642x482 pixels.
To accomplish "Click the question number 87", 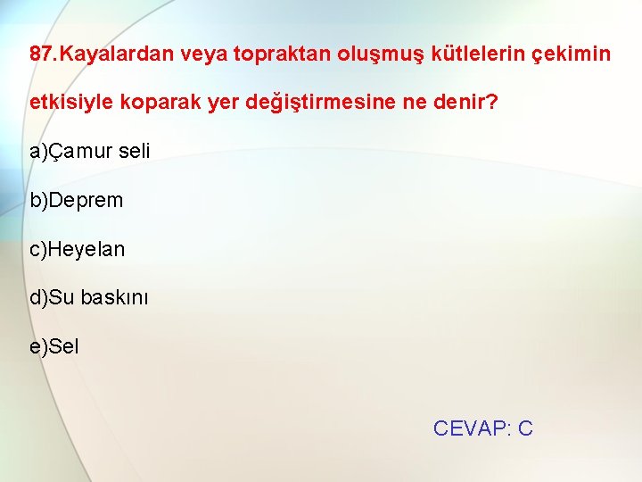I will (41, 54).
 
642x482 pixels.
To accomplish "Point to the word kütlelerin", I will (474, 54).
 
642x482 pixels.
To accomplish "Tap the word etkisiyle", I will (69, 103).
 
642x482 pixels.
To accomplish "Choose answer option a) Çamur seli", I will (89, 151).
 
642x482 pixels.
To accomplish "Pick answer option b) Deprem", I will (77, 200).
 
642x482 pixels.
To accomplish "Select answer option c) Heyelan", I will (78, 249).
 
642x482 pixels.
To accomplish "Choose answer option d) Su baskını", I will (89, 297).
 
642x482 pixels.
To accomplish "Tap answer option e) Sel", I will (54, 346).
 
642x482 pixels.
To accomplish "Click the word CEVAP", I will (469, 428).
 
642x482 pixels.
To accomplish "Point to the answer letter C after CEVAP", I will (525, 428).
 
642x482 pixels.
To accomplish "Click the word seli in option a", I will (135, 151).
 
